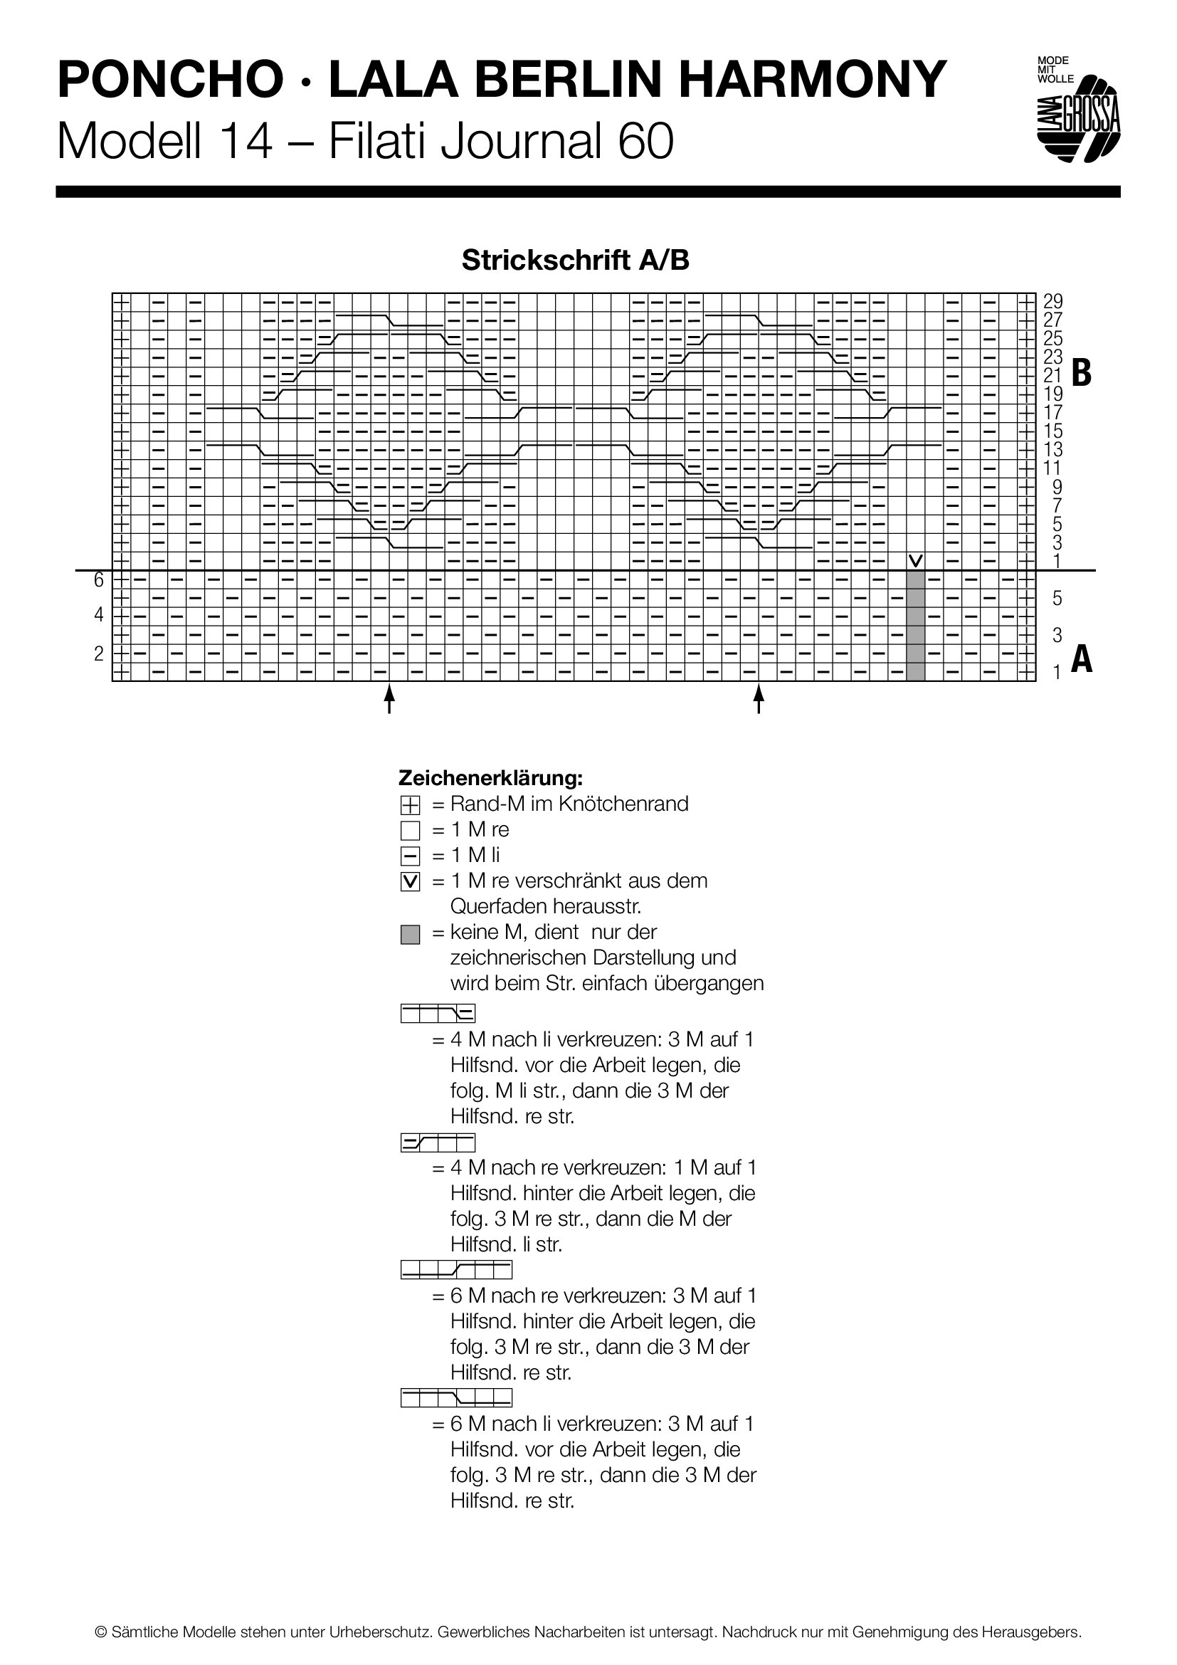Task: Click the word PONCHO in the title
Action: (x=171, y=80)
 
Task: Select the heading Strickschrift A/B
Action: (x=576, y=260)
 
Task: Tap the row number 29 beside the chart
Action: (x=1052, y=301)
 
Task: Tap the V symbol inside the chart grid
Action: (x=916, y=560)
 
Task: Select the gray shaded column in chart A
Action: (x=916, y=626)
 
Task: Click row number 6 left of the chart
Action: (x=99, y=580)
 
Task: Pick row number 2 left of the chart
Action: (x=99, y=653)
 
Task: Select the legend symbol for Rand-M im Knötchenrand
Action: (x=410, y=804)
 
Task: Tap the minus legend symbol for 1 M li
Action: (x=410, y=856)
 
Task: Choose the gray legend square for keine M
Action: (x=410, y=935)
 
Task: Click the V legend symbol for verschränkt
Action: (x=410, y=882)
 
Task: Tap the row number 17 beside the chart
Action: (x=1052, y=412)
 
